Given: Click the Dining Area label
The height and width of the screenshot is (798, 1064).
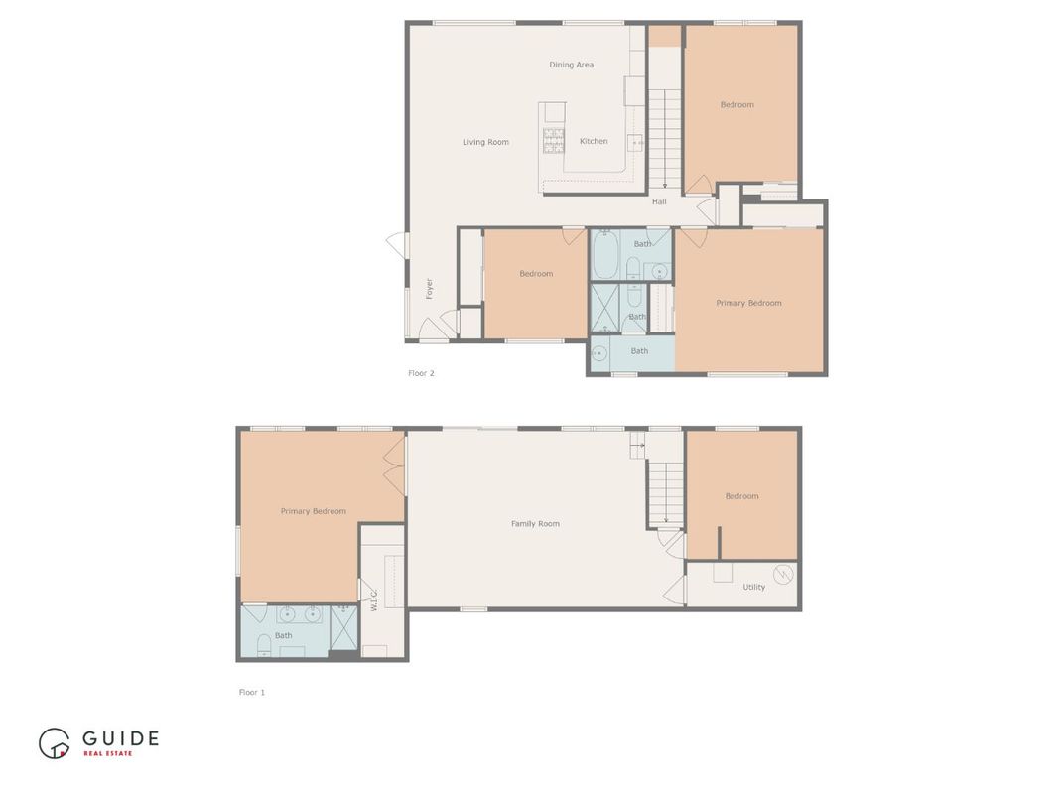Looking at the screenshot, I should [x=571, y=65].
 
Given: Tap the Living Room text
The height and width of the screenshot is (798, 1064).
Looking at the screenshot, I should [x=485, y=142].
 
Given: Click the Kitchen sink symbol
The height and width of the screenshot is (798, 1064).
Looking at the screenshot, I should [x=634, y=142].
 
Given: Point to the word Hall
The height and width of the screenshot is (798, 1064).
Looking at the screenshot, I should [x=659, y=201].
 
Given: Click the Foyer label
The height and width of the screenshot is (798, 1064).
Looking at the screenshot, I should [x=430, y=288].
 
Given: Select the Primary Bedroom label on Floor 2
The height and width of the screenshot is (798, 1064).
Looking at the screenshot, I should [x=748, y=303].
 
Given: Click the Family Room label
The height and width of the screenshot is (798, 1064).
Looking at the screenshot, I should [x=535, y=523].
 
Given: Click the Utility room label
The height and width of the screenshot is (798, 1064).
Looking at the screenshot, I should [x=753, y=587].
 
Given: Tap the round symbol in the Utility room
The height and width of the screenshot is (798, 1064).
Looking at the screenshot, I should [x=783, y=573].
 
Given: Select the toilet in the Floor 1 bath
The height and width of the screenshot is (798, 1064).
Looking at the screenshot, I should [x=264, y=645].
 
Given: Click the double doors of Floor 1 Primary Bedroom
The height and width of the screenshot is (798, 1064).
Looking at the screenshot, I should [x=395, y=466].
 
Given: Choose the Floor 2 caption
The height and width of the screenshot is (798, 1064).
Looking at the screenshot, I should [x=421, y=373].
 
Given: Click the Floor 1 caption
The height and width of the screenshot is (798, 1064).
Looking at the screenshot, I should [x=251, y=692].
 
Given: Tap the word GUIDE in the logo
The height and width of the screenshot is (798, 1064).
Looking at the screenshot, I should [x=120, y=737].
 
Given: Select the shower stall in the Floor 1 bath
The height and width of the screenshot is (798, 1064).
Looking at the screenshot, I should [x=343, y=627].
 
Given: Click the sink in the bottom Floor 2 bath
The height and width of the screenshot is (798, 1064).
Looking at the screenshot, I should [x=600, y=351].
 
